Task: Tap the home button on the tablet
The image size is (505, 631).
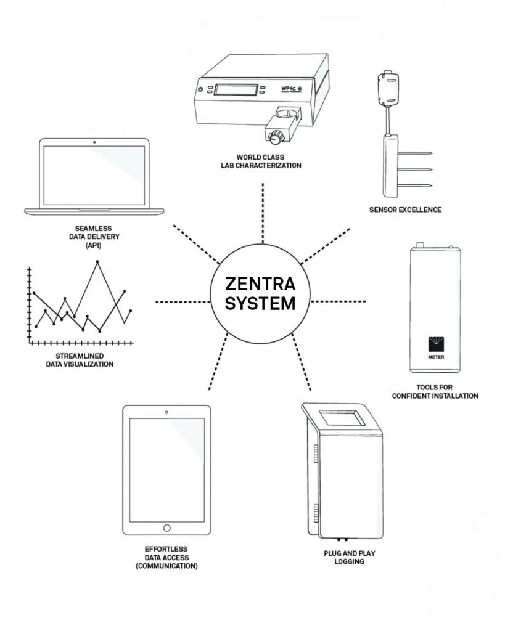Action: (x=166, y=528)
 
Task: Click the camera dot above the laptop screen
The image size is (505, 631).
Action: (x=94, y=142)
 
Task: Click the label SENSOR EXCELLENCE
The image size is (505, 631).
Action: (x=405, y=210)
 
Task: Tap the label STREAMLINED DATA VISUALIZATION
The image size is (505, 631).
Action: (x=80, y=360)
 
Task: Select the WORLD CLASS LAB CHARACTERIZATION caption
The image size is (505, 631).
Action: (x=261, y=161)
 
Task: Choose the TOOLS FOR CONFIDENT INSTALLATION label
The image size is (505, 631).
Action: (x=435, y=391)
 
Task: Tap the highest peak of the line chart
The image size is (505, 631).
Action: (x=97, y=263)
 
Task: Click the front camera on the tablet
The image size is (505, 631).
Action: (x=166, y=412)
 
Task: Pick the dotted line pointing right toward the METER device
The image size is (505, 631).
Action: (x=340, y=301)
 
